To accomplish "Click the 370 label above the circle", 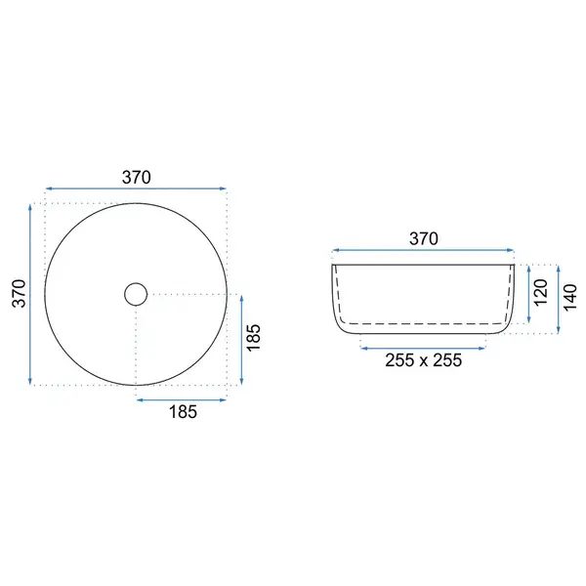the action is click(137, 177).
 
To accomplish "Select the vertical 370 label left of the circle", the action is click(20, 293).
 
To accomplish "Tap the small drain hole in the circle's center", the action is click(136, 294).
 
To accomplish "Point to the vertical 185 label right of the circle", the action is click(253, 337).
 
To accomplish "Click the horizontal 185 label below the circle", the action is click(183, 412).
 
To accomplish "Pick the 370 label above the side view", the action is click(424, 238).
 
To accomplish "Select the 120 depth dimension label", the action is click(541, 293).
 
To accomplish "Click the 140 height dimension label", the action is click(570, 298).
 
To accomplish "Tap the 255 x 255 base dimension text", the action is click(424, 360).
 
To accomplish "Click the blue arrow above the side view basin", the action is click(424, 250).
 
